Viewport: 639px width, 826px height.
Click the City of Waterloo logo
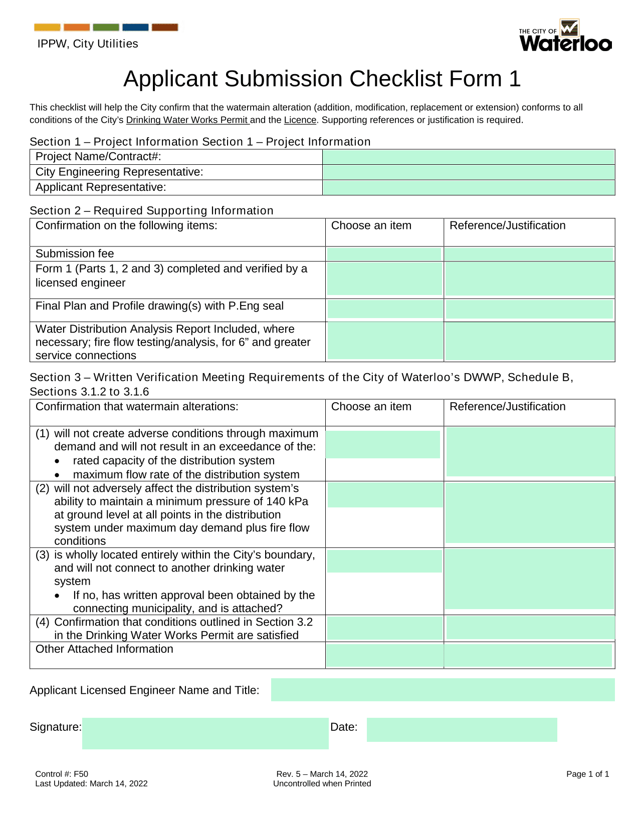pyautogui.click(x=565, y=36)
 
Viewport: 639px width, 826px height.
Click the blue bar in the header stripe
pyautogui.click(x=135, y=28)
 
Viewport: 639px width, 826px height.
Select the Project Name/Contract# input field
pyautogui.click(x=469, y=157)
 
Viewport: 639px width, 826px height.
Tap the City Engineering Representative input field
pyautogui.click(x=469, y=172)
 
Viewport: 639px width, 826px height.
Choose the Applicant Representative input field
pyautogui.click(x=469, y=187)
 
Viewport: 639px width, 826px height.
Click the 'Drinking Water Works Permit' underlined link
pyautogui.click(x=187, y=120)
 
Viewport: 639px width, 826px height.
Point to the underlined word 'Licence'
pyautogui.click(x=300, y=120)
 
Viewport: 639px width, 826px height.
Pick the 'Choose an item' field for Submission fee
pyautogui.click(x=384, y=254)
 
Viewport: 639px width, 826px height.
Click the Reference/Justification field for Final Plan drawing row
pyautogui.click(x=529, y=310)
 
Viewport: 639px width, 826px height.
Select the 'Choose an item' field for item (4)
pyautogui.click(x=384, y=628)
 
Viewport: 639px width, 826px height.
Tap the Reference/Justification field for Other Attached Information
pyautogui.click(x=528, y=655)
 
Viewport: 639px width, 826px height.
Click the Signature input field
pyautogui.click(x=205, y=733)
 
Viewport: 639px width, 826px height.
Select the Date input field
pyautogui.click(x=462, y=729)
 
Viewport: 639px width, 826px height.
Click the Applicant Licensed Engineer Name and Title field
pyautogui.click(x=443, y=690)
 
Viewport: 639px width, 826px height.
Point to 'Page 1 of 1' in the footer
pyautogui.click(x=587, y=774)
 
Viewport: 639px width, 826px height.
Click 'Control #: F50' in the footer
pyautogui.click(x=62, y=774)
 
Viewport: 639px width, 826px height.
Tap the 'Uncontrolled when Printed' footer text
pyautogui.click(x=322, y=783)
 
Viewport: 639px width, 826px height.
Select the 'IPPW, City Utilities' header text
pyautogui.click(x=88, y=44)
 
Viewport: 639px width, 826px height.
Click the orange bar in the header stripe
pyautogui.click(x=77, y=28)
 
